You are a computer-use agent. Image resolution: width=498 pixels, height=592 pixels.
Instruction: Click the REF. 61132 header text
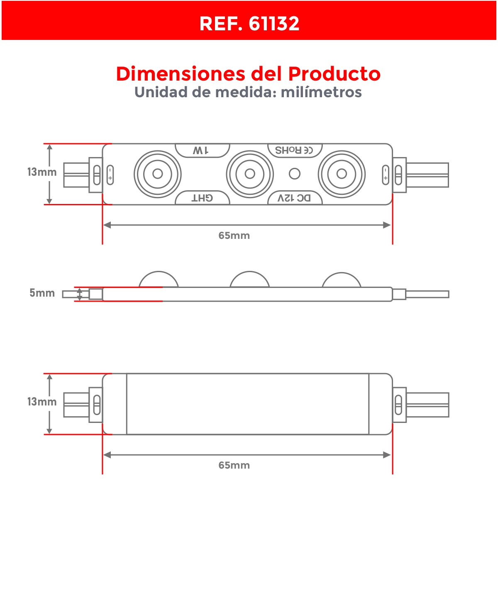click(x=249, y=24)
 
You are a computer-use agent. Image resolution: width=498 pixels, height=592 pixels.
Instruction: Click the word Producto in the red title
click(x=334, y=74)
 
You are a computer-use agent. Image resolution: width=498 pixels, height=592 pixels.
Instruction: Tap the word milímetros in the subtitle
click(x=321, y=92)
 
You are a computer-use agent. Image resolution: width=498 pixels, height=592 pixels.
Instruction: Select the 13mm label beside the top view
click(x=42, y=172)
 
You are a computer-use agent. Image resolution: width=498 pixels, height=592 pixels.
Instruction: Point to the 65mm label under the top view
click(x=234, y=236)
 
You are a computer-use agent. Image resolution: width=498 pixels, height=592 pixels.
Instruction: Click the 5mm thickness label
click(x=42, y=293)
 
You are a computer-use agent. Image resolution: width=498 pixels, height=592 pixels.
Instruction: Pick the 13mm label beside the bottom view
click(x=42, y=402)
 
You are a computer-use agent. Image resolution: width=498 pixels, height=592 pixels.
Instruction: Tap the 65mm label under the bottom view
click(x=234, y=465)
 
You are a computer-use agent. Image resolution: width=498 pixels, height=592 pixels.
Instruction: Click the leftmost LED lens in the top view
click(x=158, y=174)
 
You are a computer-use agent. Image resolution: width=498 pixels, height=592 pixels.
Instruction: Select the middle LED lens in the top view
click(x=250, y=174)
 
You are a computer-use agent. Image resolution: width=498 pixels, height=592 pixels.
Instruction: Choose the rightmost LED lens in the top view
click(x=342, y=174)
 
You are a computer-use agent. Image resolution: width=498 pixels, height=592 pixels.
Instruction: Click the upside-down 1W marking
click(x=201, y=150)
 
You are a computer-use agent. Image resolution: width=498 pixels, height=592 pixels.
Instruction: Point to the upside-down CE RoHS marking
click(x=294, y=150)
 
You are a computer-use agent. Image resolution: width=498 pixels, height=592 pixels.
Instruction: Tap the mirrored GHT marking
click(x=202, y=198)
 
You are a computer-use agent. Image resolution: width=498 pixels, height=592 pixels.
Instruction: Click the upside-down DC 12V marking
click(x=294, y=198)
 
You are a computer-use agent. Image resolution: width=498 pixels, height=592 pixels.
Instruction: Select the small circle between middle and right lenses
click(x=295, y=174)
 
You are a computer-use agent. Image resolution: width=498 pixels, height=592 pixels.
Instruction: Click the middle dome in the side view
click(x=250, y=280)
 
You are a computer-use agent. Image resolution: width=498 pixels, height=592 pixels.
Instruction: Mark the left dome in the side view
click(x=159, y=280)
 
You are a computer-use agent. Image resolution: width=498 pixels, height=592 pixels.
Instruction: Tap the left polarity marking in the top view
click(x=110, y=174)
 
